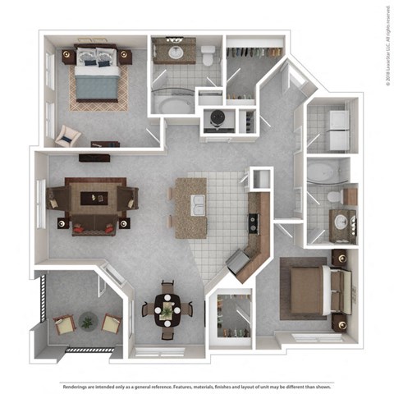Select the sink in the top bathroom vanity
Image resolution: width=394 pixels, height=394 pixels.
click(175, 53)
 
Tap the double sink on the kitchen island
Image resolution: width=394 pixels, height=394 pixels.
click(198, 205)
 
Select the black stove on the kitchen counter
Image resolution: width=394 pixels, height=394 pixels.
click(254, 222)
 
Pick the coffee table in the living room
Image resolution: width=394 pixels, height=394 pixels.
click(92, 197)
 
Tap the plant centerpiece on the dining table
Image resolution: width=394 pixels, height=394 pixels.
click(167, 309)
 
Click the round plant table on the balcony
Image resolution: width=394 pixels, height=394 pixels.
click(87, 320)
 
